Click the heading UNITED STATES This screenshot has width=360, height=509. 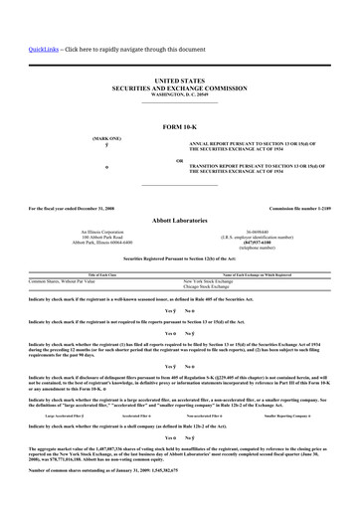click(x=180, y=76)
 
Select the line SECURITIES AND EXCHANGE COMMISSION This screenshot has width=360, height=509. click(x=180, y=84)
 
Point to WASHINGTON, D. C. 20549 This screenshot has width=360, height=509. click(x=180, y=91)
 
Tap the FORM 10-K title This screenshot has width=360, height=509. click(x=180, y=127)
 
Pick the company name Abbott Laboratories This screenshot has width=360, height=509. click(x=180, y=221)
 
